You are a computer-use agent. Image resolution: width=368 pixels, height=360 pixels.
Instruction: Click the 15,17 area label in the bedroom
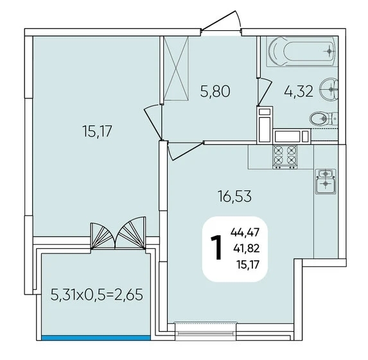coord(97,131)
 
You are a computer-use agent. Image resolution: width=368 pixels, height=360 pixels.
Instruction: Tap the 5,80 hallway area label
coord(215,91)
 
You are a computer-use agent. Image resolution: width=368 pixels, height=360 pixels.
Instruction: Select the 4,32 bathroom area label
coord(299,91)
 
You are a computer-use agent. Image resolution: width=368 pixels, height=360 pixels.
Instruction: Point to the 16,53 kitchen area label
coord(234,196)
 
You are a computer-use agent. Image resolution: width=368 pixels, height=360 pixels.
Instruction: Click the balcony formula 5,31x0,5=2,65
coord(97,294)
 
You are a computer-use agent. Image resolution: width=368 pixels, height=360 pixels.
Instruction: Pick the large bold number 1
coord(216,248)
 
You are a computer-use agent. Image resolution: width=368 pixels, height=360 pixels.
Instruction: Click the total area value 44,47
coord(245,233)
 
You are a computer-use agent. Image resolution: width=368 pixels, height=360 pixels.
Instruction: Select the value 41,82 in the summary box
coord(246,248)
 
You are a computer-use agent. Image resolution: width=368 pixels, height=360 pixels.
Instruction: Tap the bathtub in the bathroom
coord(302,51)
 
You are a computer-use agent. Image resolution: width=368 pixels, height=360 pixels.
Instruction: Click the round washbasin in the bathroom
coord(329,89)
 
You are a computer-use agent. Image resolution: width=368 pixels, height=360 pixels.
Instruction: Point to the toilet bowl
coord(324,118)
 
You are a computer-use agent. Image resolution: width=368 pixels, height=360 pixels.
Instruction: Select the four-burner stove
coord(285,156)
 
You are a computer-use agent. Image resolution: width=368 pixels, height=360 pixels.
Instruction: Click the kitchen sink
coord(326,182)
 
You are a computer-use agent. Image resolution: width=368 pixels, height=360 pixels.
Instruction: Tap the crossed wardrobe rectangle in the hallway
coord(176,69)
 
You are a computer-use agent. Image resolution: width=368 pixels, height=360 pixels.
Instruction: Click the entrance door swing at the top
coord(222,21)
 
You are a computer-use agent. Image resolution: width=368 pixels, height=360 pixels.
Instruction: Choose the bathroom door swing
coord(265,92)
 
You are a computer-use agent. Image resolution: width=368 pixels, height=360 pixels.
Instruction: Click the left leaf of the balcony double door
coord(103,236)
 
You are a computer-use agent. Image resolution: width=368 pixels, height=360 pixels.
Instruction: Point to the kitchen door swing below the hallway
coord(185,150)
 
